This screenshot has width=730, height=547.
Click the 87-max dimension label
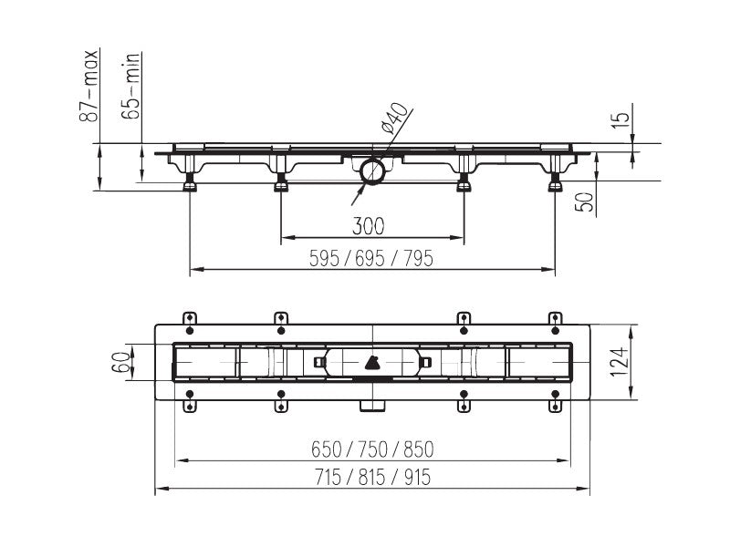pyautogui.click(x=89, y=86)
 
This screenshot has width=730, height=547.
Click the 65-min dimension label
pyautogui.click(x=130, y=86)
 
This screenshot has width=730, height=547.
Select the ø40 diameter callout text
pyautogui.click(x=394, y=119)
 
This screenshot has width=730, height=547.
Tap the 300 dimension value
pyautogui.click(x=369, y=226)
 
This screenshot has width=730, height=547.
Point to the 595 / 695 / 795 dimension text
pyautogui.click(x=371, y=259)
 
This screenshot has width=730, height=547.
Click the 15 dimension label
pyautogui.click(x=621, y=116)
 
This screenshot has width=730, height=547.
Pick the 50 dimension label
pyautogui.click(x=585, y=201)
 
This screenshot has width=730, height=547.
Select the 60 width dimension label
pyautogui.click(x=120, y=363)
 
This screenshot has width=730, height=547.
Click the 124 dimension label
pyautogui.click(x=620, y=362)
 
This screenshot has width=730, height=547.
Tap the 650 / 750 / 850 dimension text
pyautogui.click(x=372, y=449)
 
